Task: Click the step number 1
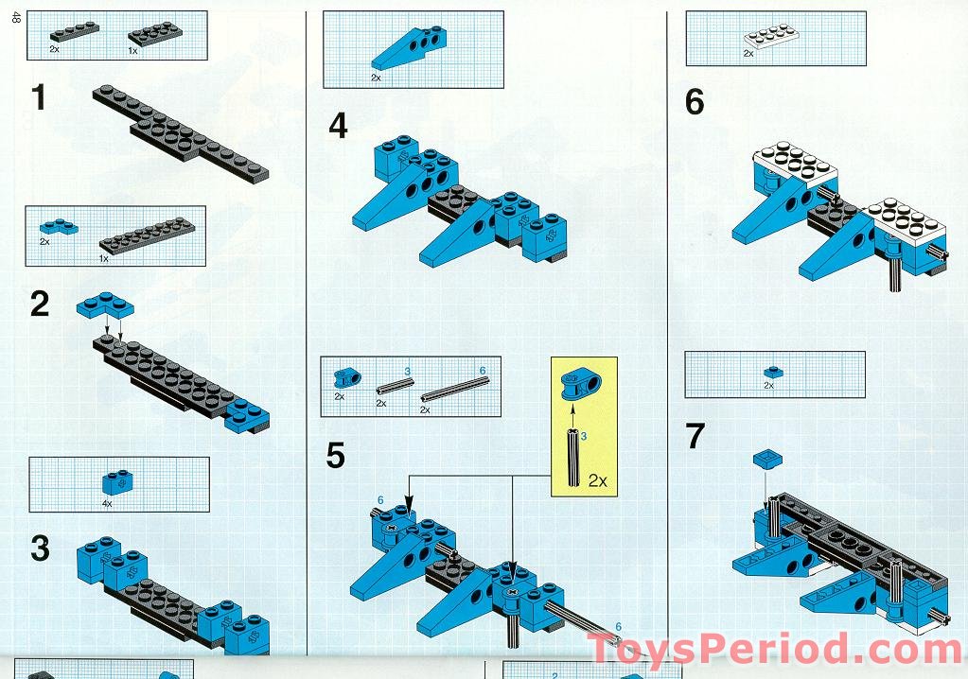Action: (39, 98)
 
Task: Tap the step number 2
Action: (40, 305)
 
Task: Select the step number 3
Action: (40, 548)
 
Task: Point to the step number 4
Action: (338, 126)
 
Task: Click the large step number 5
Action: (335, 456)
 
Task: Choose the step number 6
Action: (695, 102)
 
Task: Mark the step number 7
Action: (695, 436)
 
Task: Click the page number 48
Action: (16, 18)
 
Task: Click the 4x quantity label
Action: (107, 504)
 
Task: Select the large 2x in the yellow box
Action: (598, 480)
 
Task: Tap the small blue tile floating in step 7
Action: (767, 459)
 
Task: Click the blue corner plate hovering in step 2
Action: (105, 305)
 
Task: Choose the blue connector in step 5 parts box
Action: (347, 377)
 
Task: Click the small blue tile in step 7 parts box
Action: (770, 372)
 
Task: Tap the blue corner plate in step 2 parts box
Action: (59, 226)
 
